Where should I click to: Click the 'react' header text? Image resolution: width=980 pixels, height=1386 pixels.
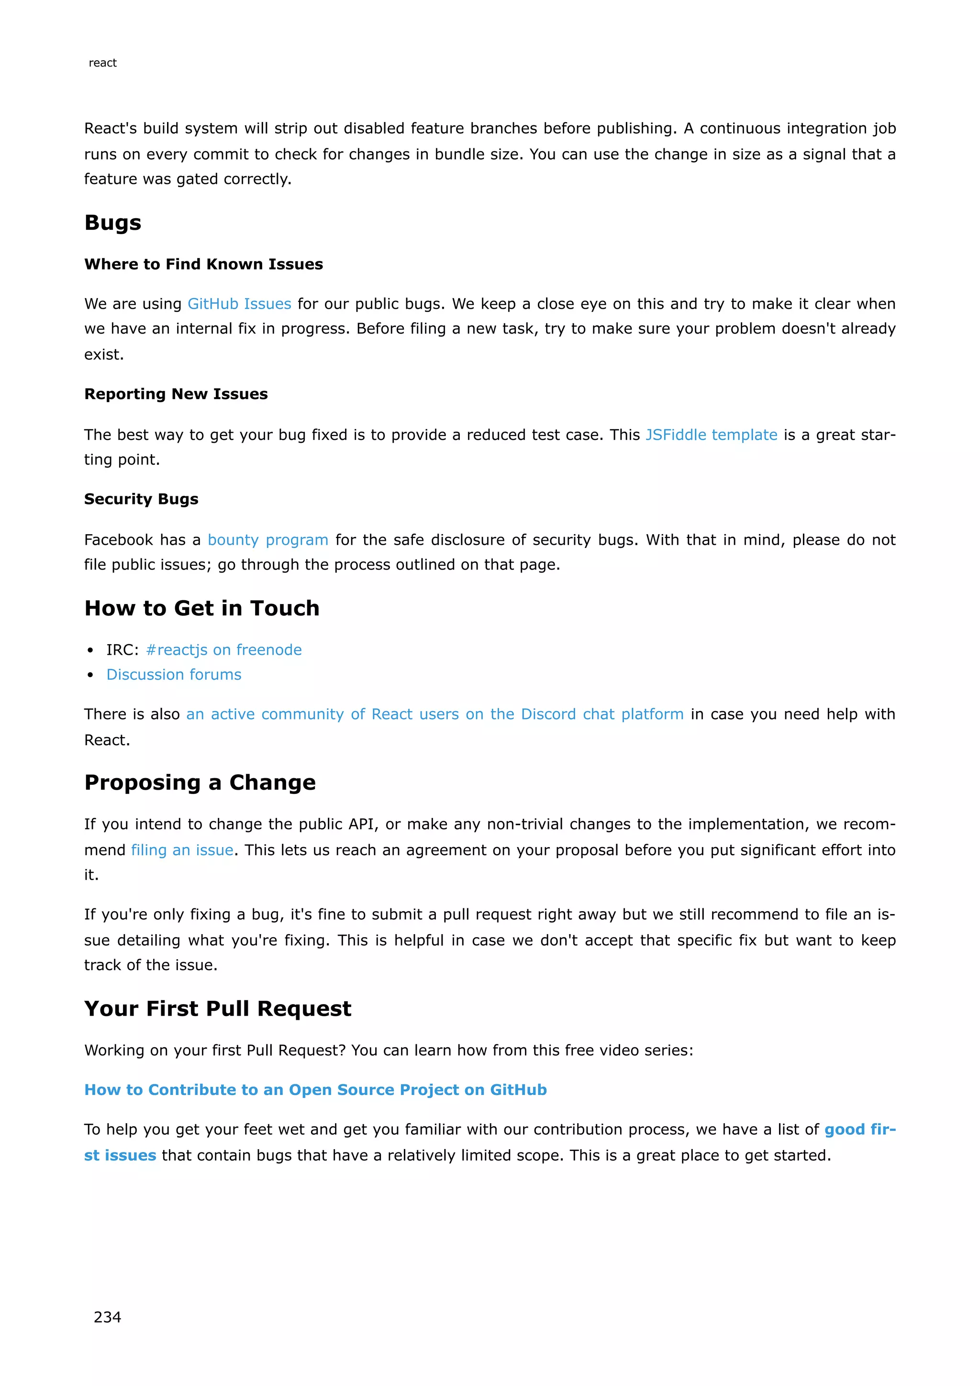pos(102,63)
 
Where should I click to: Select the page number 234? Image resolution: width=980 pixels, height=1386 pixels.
pos(107,1317)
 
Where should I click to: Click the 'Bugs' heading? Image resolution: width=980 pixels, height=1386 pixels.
pos(113,223)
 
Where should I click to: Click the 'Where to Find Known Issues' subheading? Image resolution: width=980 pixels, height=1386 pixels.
pos(203,264)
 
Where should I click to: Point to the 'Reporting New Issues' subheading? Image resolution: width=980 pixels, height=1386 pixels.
pos(176,394)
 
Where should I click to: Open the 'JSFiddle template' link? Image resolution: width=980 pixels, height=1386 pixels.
pos(711,435)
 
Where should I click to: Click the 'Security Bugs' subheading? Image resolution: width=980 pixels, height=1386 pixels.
pos(141,499)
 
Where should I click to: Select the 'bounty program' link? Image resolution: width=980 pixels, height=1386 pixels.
pos(268,540)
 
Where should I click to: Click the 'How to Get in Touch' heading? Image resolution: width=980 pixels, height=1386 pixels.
pos(201,608)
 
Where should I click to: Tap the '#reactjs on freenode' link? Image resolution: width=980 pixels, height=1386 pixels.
pos(224,649)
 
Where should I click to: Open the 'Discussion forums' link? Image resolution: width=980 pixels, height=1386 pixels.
pos(174,674)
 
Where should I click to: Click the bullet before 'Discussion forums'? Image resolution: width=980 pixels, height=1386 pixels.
pos(90,675)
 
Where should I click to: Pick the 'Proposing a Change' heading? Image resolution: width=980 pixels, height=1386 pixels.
pos(200,782)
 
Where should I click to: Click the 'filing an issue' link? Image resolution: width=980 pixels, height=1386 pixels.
pos(182,850)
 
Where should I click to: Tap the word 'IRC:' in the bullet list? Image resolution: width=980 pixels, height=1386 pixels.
pos(122,649)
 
